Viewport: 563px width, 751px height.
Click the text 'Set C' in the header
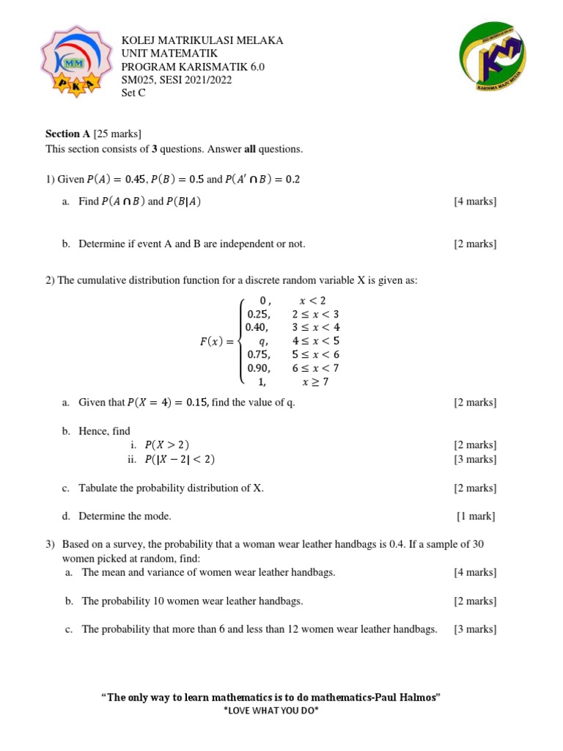(x=133, y=93)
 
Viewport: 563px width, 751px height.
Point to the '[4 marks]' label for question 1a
(x=474, y=202)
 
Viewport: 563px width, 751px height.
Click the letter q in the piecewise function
(x=263, y=341)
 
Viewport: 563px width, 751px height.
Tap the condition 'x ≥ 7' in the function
(x=315, y=381)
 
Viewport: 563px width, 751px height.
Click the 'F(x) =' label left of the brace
(x=217, y=341)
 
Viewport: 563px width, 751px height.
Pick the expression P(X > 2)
(x=172, y=445)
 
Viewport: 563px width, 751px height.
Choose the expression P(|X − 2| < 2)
(x=180, y=460)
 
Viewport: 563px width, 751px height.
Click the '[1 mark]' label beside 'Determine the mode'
(x=476, y=516)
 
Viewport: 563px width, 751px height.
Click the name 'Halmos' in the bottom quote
(x=419, y=697)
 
